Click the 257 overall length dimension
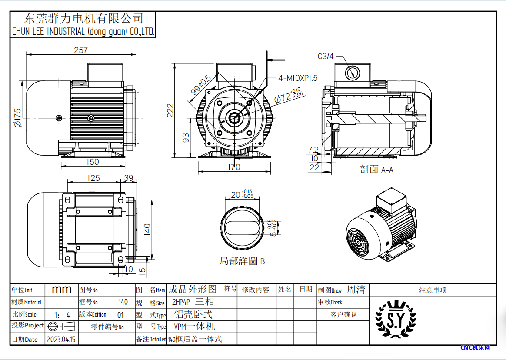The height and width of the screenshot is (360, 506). pyautogui.click(x=81, y=50)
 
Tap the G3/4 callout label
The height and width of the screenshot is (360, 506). pyautogui.click(x=326, y=56)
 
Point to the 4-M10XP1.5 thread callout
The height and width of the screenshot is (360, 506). pyautogui.click(x=298, y=78)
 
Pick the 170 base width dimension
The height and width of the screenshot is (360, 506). pyautogui.click(x=233, y=167)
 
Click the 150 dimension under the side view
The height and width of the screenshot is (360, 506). pyautogui.click(x=93, y=162)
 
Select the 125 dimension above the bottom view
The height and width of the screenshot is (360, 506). pyautogui.click(x=93, y=178)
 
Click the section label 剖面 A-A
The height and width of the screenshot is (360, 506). pyautogui.click(x=376, y=170)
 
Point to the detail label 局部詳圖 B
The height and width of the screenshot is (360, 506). pyautogui.click(x=242, y=261)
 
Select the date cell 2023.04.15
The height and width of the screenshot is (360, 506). pyautogui.click(x=60, y=339)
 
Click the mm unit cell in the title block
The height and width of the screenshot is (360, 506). pyautogui.click(x=61, y=290)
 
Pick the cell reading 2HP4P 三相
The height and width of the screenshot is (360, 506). pyautogui.click(x=193, y=302)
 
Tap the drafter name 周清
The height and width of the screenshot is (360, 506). pyautogui.click(x=356, y=290)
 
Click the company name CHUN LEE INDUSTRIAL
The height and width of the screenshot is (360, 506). pyautogui.click(x=83, y=32)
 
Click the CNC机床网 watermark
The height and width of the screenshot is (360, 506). pyautogui.click(x=475, y=348)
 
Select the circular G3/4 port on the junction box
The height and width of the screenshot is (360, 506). pyautogui.click(x=352, y=73)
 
